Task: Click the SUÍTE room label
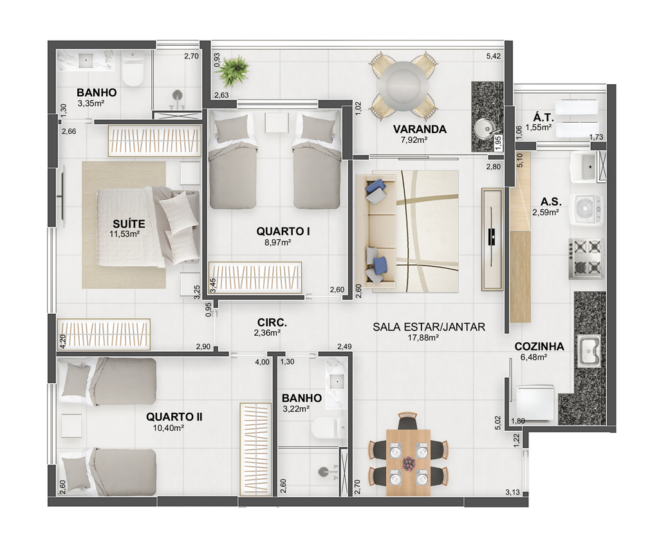coord(129,224)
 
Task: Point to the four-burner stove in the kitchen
coord(587,258)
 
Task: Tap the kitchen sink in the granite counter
coord(590,350)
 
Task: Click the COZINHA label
coord(539,347)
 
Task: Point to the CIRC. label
coord(272,323)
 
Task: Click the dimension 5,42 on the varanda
coord(494,56)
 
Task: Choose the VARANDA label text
coord(420,129)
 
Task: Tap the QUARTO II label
coord(174,417)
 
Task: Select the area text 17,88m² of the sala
coord(423,337)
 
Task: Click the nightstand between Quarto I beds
coord(277,122)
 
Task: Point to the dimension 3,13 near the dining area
coord(512,492)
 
